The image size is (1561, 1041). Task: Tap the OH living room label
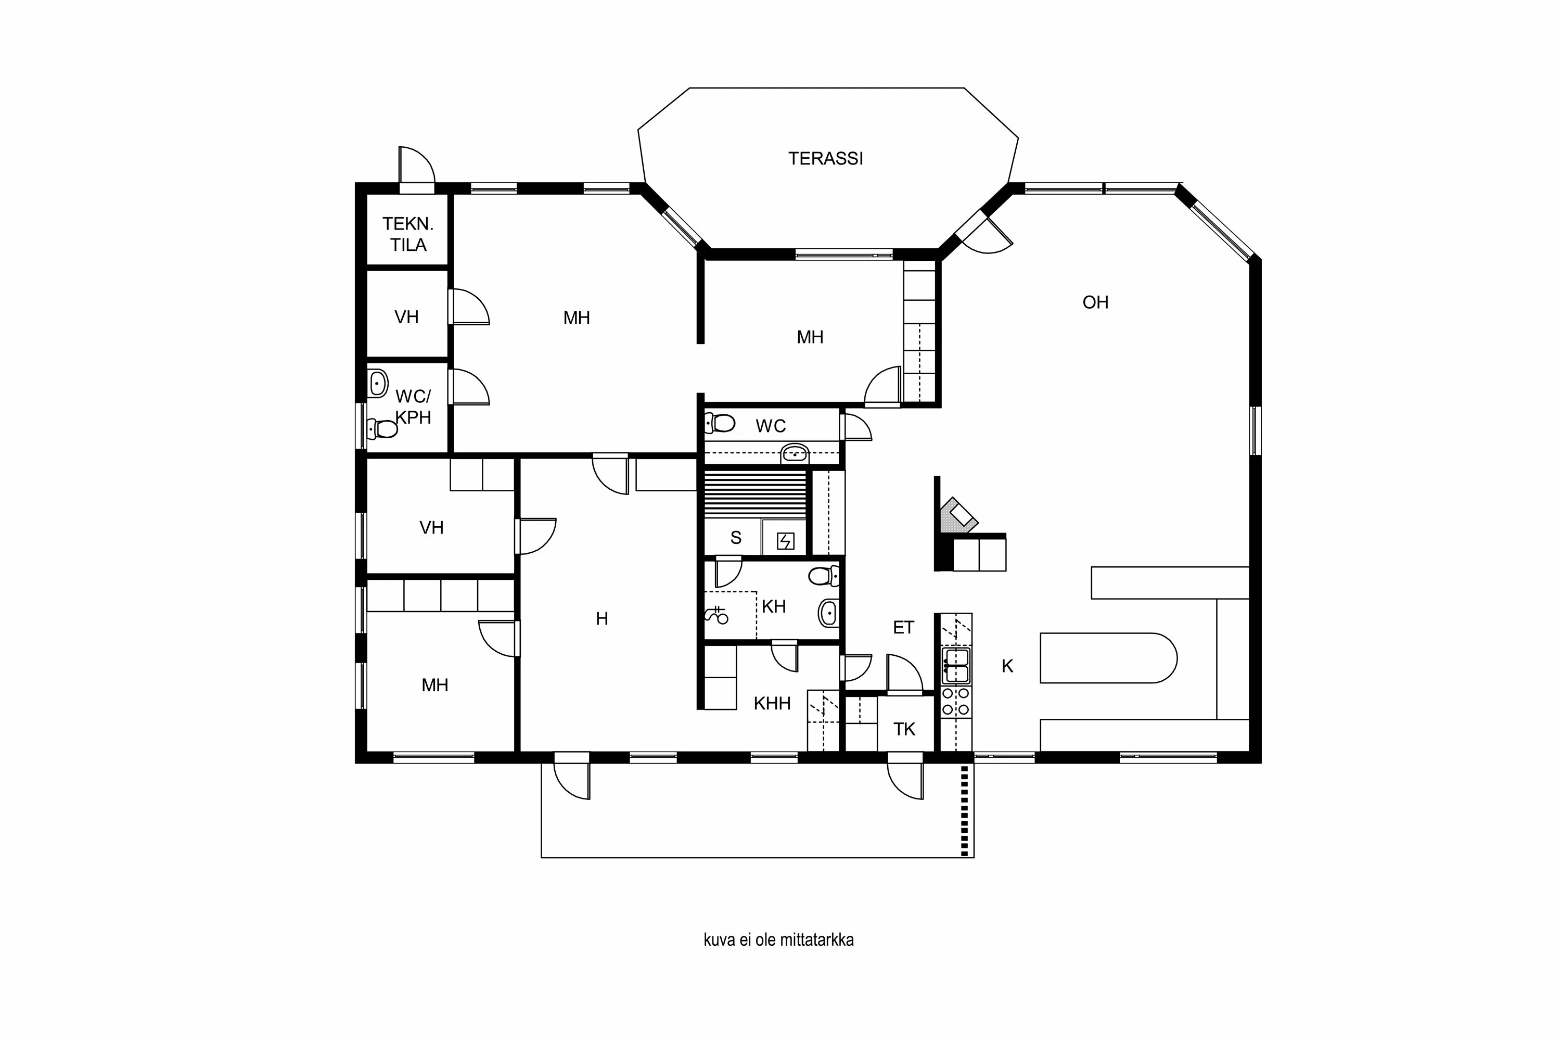click(x=1095, y=303)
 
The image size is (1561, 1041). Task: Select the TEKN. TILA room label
click(x=407, y=234)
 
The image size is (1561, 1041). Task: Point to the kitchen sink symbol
click(x=956, y=666)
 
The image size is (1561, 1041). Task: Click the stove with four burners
click(x=956, y=702)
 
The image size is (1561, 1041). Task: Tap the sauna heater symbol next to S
click(x=785, y=542)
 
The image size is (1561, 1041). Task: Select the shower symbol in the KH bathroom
click(x=717, y=615)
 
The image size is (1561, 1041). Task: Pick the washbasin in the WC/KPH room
click(x=378, y=383)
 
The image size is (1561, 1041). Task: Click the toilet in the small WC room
click(x=720, y=423)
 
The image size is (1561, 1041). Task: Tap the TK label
click(x=904, y=730)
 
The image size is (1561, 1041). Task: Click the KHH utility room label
click(x=772, y=704)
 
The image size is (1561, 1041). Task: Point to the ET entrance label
click(x=903, y=627)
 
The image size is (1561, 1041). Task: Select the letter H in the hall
click(x=602, y=619)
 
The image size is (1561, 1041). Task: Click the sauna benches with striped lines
click(x=756, y=494)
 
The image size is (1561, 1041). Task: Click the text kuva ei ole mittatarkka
click(x=778, y=940)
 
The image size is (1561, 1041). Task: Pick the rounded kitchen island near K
click(x=1108, y=658)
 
